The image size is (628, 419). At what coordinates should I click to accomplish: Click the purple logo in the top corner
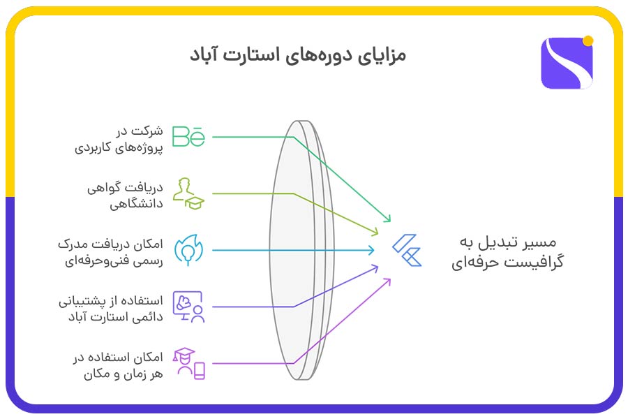click(x=566, y=63)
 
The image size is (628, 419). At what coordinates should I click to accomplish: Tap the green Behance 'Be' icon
click(x=188, y=136)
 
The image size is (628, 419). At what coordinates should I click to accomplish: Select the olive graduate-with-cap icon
click(x=188, y=193)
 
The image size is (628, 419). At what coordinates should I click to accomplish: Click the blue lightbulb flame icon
click(x=188, y=249)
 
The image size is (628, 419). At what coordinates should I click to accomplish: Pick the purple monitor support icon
click(x=188, y=307)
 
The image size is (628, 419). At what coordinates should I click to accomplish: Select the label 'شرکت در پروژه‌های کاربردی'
click(x=119, y=139)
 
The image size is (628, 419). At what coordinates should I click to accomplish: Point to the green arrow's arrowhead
click(x=389, y=219)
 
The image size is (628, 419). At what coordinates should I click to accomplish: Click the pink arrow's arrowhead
click(x=389, y=280)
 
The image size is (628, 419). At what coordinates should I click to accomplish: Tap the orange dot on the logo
click(x=588, y=41)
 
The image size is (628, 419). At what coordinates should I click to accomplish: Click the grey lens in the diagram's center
click(x=299, y=250)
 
